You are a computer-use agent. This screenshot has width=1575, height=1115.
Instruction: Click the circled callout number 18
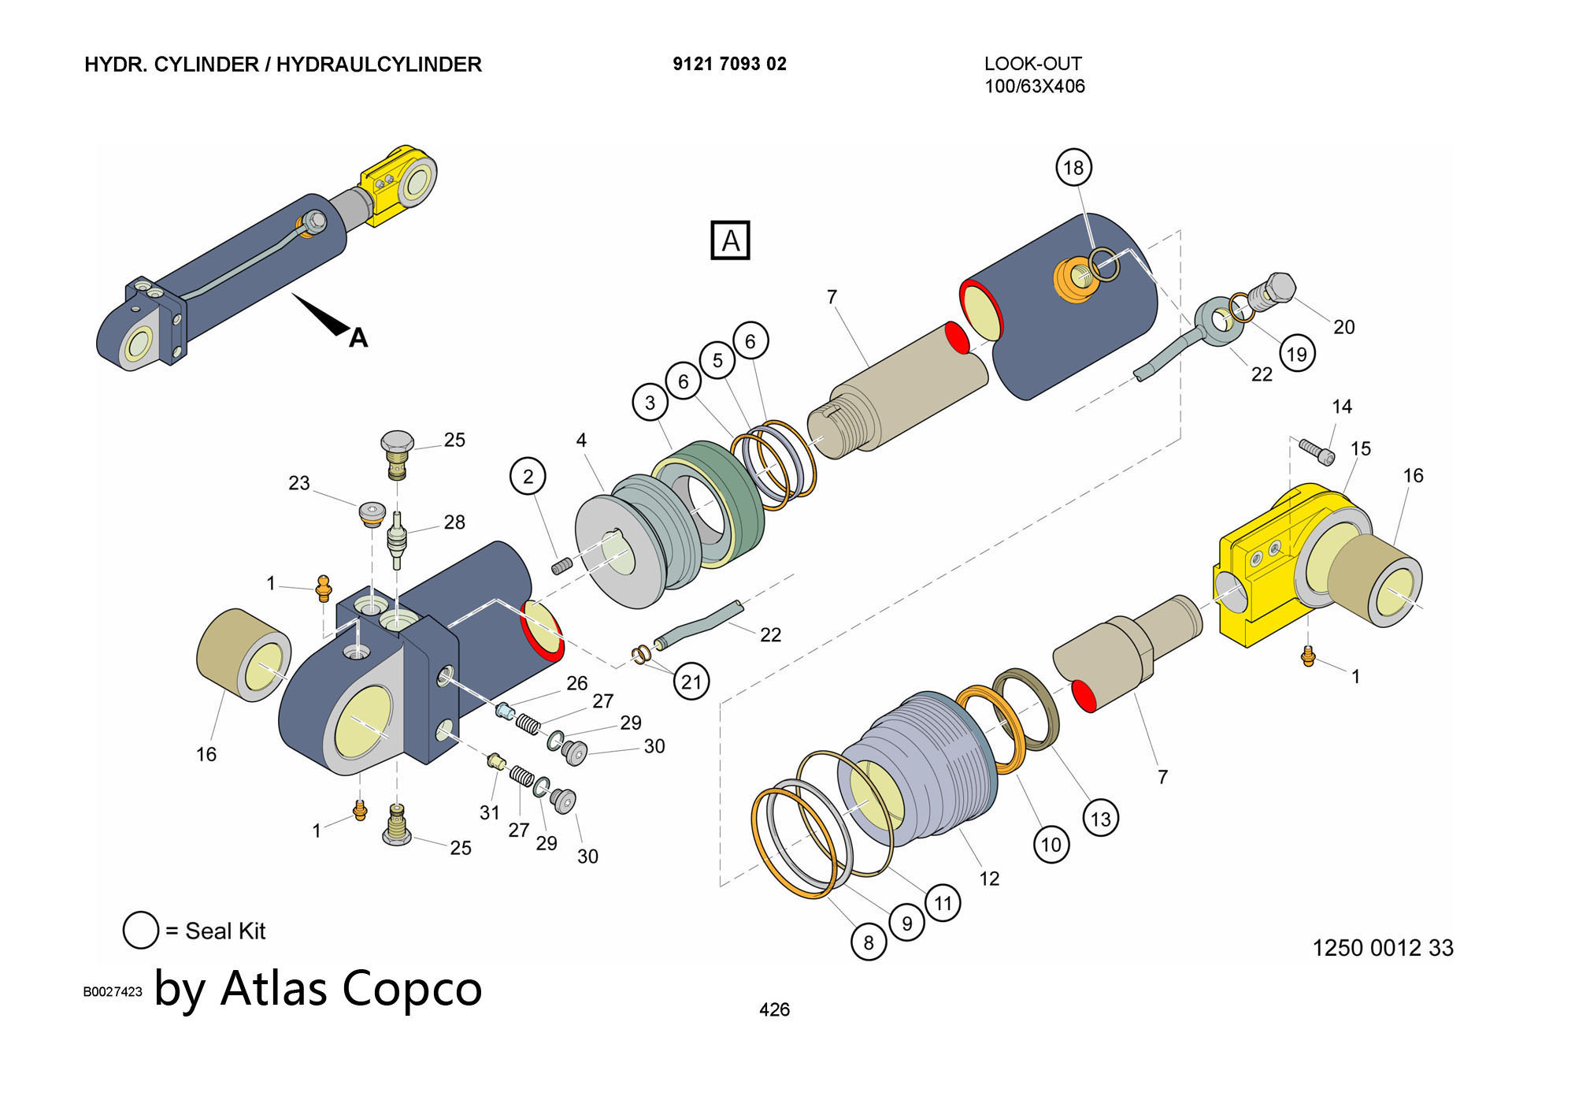1073,167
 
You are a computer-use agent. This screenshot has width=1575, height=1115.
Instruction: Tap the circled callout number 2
528,476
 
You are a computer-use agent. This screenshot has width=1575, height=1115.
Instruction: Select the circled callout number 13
1100,819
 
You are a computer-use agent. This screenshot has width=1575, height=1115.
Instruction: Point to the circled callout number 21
691,682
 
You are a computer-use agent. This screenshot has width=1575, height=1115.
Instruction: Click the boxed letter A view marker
730,240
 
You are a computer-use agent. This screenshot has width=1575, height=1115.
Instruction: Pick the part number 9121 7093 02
729,64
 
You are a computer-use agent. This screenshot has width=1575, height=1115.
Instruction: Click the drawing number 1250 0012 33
1382,947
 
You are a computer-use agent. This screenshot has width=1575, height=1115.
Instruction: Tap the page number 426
774,1009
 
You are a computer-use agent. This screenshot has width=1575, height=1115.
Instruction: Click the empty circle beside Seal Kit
141,931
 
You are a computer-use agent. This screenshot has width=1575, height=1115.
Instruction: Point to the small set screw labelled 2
561,566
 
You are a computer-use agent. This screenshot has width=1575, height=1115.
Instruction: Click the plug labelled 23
372,514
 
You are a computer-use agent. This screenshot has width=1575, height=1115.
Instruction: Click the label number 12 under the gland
989,878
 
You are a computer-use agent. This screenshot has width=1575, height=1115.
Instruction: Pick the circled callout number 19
1296,354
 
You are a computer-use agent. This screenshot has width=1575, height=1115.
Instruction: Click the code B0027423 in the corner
113,991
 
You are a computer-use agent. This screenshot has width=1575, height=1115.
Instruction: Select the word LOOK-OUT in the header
1032,64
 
